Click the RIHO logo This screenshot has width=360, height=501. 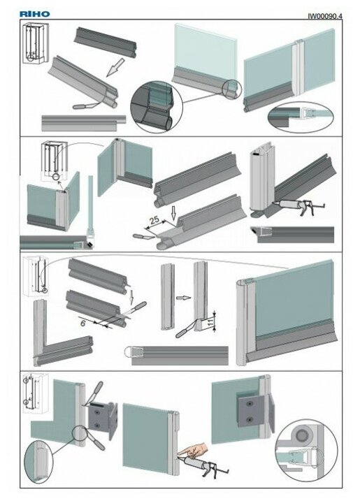[34, 14]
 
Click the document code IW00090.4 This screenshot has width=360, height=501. [325, 15]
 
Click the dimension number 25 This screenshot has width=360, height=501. [154, 220]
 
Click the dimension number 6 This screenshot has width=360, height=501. [82, 324]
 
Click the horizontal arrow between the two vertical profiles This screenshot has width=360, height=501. [183, 298]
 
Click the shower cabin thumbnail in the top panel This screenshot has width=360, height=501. [36, 43]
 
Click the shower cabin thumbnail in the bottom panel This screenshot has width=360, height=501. [35, 393]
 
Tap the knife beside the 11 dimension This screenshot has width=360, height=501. [187, 329]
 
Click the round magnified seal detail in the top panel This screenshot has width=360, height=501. [157, 107]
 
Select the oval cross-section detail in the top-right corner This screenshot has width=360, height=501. [301, 117]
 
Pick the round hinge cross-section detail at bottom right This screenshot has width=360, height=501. [306, 451]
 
